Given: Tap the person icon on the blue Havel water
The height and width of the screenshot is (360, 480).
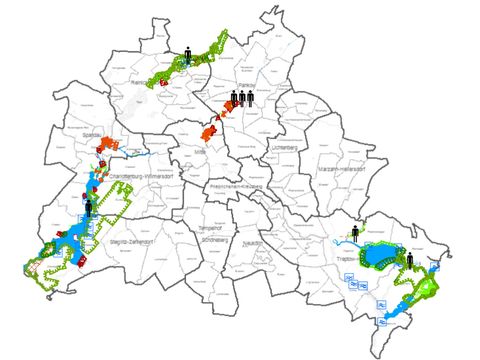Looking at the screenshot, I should click(x=89, y=208).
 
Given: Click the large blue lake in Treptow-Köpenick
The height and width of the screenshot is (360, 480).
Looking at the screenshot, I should click(x=380, y=259).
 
